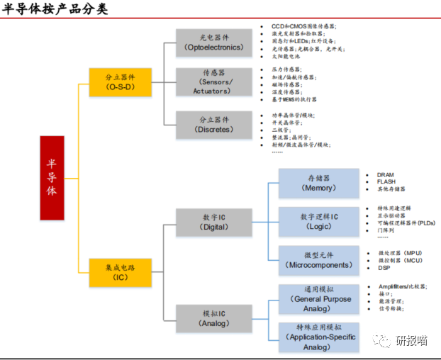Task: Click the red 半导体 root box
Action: click(x=52, y=177)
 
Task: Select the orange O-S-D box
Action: click(x=120, y=82)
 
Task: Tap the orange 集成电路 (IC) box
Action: click(x=120, y=272)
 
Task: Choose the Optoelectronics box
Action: click(x=213, y=43)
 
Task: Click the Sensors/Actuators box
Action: click(x=213, y=81)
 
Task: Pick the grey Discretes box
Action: click(x=213, y=125)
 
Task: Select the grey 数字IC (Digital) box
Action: click(x=213, y=221)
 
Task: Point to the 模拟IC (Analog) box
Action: click(x=213, y=317)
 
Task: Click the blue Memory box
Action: click(x=318, y=183)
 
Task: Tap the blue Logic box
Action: click(x=318, y=221)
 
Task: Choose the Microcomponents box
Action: click(x=318, y=260)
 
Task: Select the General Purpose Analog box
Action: click(x=318, y=299)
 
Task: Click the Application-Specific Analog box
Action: click(x=318, y=337)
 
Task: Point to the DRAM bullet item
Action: click(x=386, y=174)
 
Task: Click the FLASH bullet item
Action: click(x=386, y=181)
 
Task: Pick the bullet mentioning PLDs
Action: click(x=407, y=223)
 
